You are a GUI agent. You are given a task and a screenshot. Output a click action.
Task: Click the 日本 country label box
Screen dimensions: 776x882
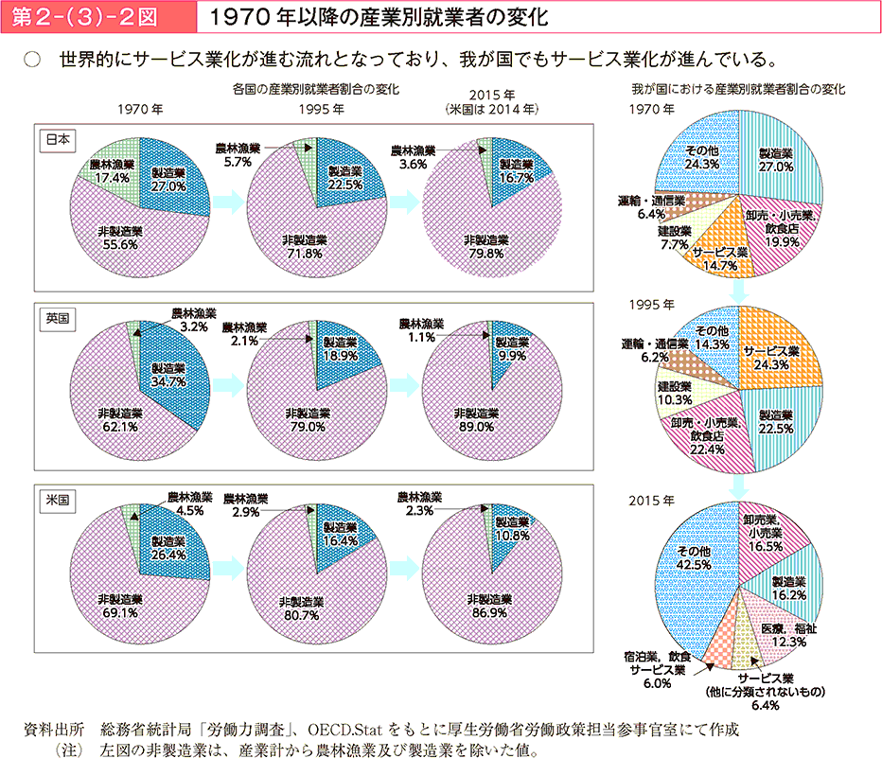(x=58, y=138)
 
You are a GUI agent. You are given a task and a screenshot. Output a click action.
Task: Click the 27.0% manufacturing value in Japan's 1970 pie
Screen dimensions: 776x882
(x=168, y=186)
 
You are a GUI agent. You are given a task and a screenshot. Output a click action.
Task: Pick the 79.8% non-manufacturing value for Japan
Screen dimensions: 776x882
(x=486, y=253)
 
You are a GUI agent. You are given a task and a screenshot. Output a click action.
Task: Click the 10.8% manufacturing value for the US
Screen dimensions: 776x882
(x=512, y=535)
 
